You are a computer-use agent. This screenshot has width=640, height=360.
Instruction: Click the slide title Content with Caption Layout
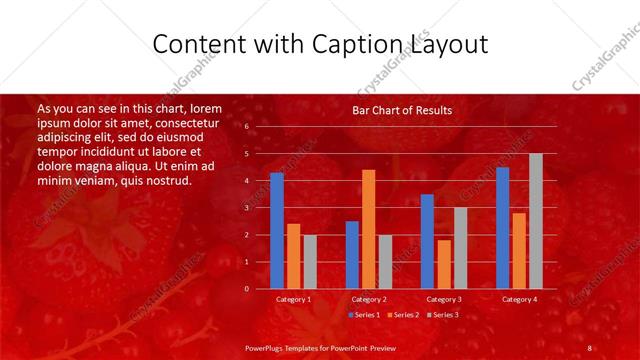pos(320,45)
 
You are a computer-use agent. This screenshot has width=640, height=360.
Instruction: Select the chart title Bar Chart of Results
pos(402,110)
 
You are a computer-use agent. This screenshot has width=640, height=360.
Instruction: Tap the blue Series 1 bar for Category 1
pos(277,230)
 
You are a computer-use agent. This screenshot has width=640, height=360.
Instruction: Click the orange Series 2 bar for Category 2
pos(368,229)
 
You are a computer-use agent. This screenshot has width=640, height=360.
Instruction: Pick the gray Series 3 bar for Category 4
pos(535,221)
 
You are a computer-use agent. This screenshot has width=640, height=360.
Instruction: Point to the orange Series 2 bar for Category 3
pos(443,264)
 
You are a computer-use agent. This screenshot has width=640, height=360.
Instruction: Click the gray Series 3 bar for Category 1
pos(310,261)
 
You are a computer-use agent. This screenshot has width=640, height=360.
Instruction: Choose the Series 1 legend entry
pos(365,315)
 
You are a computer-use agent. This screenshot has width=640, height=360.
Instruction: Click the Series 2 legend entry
pos(403,315)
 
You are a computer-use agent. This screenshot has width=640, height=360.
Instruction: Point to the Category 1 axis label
pos(293,299)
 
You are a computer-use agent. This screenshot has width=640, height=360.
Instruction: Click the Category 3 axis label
pos(444,299)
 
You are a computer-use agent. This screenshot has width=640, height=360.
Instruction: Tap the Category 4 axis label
pos(519,299)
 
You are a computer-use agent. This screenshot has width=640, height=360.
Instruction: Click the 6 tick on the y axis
pos(246,127)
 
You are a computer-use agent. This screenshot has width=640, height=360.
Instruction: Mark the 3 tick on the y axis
pos(246,208)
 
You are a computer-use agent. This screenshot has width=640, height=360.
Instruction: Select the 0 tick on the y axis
pos(246,289)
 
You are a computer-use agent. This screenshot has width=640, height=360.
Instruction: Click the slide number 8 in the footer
pos(590,347)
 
